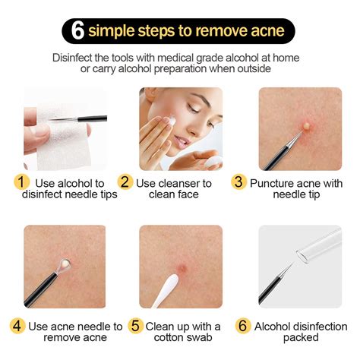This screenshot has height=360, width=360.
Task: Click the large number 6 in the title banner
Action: [x=77, y=31]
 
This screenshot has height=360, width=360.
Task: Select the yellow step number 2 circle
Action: [x=126, y=183]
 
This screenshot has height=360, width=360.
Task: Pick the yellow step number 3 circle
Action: [x=238, y=183]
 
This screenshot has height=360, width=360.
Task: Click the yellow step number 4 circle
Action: [x=18, y=326]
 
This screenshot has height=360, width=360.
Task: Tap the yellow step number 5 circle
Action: [x=135, y=326]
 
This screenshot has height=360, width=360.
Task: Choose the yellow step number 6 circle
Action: [x=244, y=326]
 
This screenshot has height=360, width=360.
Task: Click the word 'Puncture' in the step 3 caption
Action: [x=275, y=183]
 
